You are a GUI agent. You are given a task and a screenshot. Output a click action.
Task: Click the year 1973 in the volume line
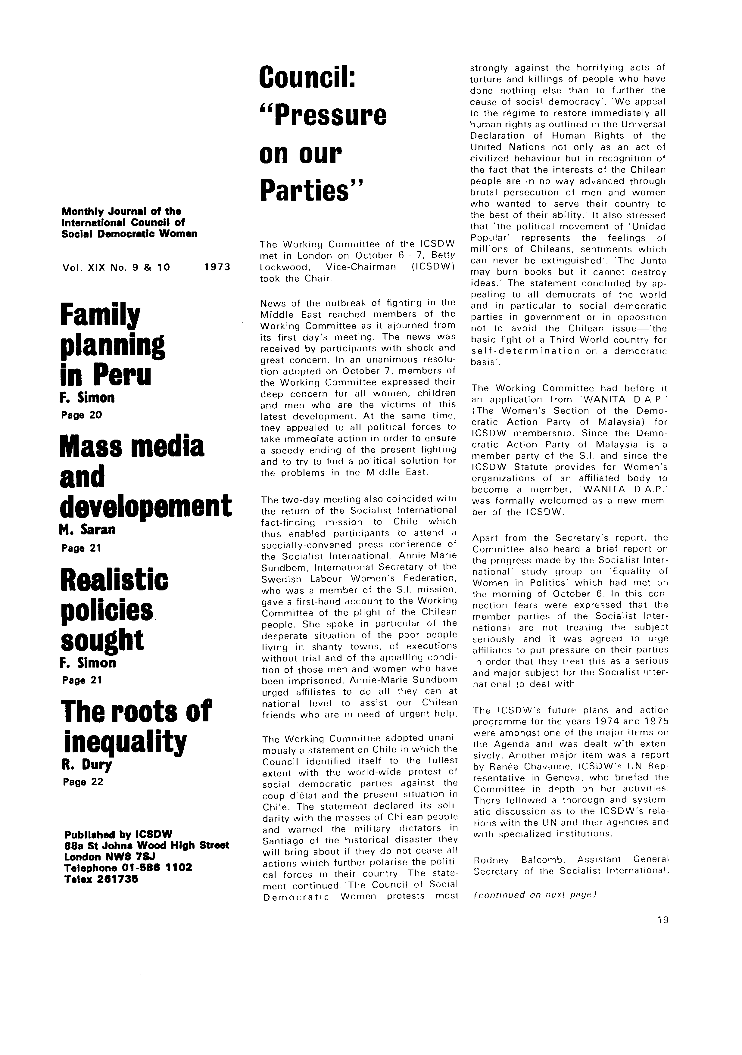pyautogui.click(x=216, y=267)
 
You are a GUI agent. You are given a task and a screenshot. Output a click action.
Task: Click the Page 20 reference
pyautogui.click(x=81, y=415)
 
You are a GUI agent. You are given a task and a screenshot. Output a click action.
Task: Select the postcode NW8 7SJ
pyautogui.click(x=120, y=857)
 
